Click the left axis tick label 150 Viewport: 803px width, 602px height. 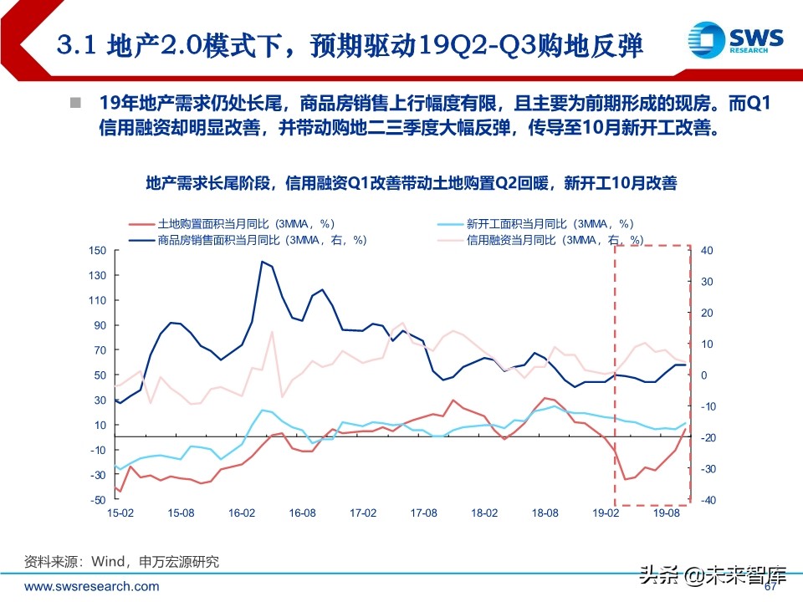98,251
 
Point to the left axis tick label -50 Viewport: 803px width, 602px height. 99,500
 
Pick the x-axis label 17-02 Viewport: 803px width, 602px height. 362,513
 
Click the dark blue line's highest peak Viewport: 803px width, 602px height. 262,262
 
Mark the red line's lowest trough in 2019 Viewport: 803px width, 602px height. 625,479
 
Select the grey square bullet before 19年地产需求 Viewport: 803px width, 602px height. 75,104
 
